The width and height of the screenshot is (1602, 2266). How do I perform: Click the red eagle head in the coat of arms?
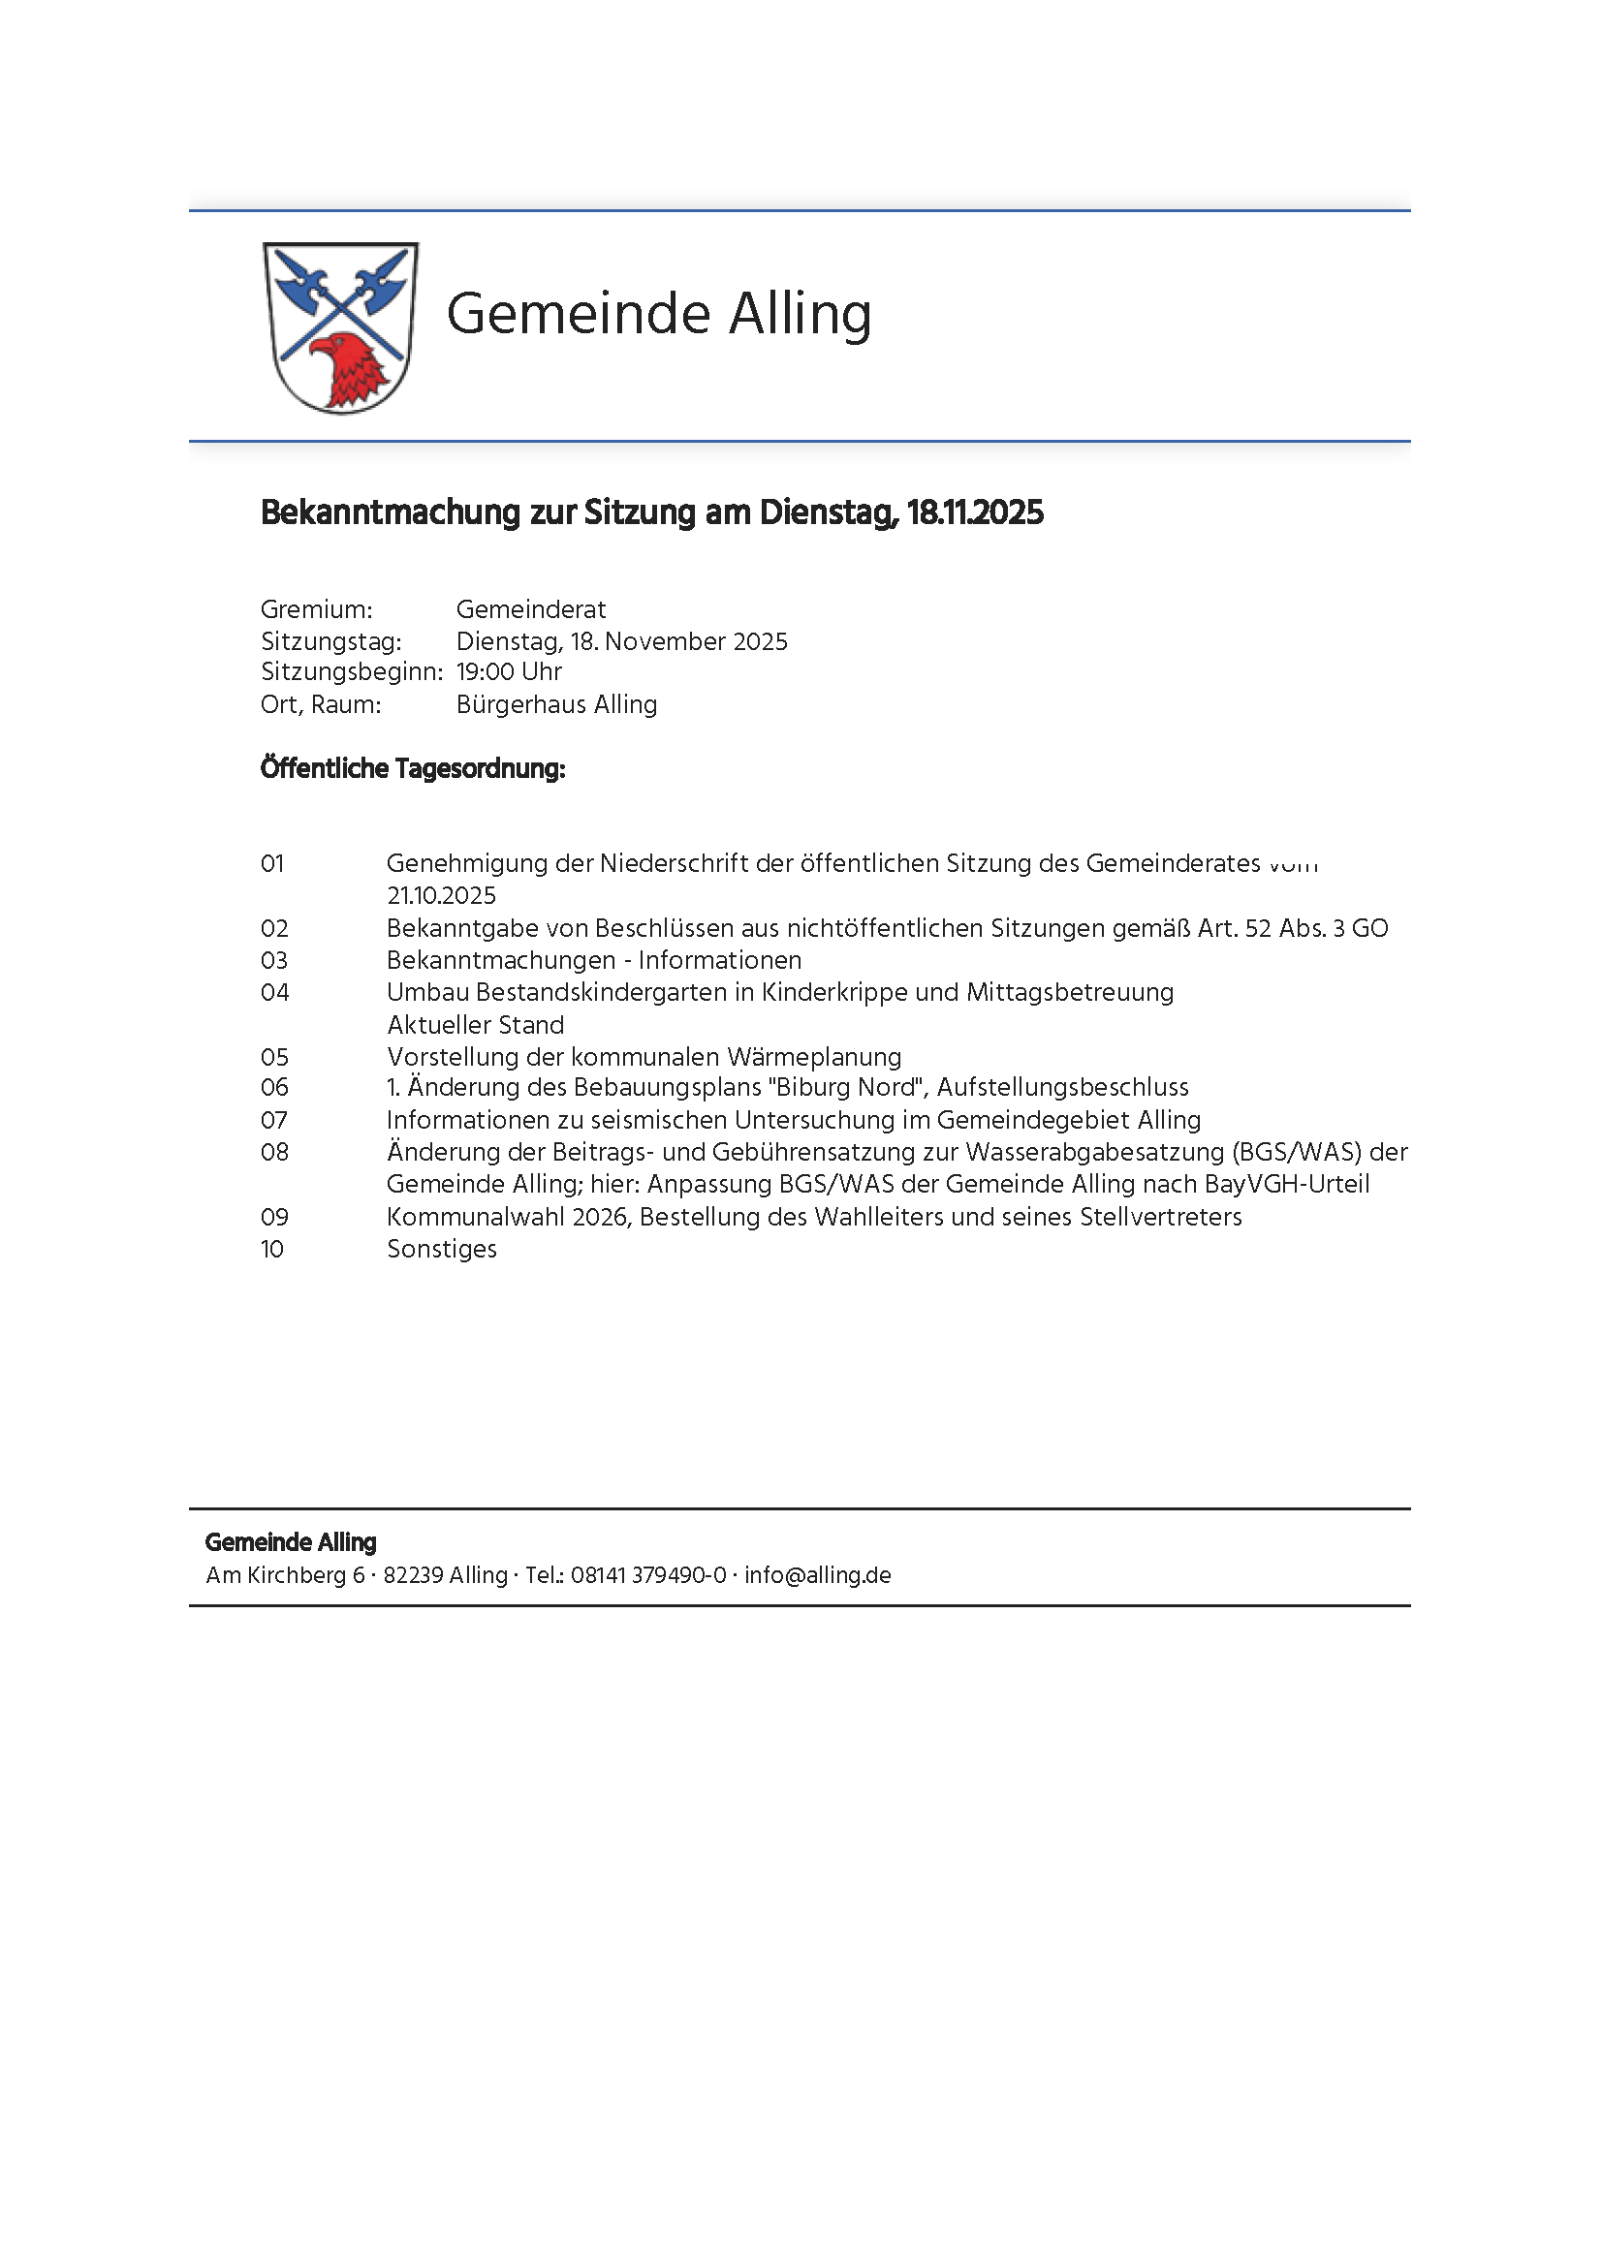(351, 370)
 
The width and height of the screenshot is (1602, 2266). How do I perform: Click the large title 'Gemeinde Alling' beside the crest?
(658, 314)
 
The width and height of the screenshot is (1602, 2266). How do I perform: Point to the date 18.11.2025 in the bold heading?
(974, 513)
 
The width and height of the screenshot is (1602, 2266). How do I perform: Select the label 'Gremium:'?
(317, 610)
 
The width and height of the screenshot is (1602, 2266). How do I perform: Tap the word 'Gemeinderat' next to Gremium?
(531, 610)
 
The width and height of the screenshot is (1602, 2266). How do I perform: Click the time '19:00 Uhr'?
(509, 672)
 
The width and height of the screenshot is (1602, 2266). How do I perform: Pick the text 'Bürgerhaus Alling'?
(556, 704)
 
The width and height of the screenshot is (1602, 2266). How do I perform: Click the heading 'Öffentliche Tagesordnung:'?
(413, 769)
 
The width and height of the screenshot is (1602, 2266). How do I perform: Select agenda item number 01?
(272, 863)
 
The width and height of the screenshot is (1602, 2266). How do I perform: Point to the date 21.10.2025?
(441, 896)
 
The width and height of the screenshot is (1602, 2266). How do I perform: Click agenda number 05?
(274, 1057)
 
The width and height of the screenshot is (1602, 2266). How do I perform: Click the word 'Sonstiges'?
(442, 1250)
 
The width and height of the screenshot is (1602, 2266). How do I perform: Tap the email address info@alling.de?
(817, 1575)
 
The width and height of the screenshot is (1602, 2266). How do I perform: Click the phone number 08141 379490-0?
(648, 1575)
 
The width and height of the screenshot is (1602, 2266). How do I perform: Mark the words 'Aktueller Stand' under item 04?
(476, 1025)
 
